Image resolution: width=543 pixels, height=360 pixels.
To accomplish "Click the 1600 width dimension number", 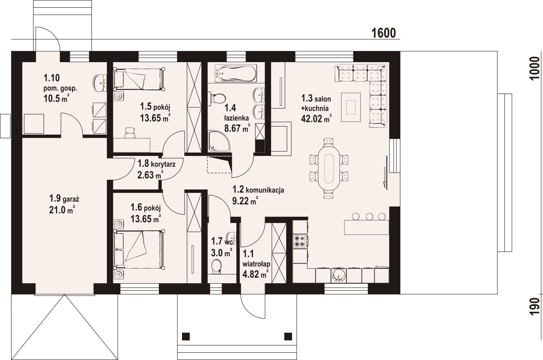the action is click(383, 33).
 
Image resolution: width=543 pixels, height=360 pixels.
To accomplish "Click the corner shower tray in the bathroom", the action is click(219, 141).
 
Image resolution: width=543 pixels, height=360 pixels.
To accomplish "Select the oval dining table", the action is click(329, 169).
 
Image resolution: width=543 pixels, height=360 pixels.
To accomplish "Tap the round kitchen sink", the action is click(339, 275).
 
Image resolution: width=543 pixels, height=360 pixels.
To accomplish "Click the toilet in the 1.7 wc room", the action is click(216, 266).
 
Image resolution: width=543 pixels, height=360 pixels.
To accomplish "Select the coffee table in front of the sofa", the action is click(351, 107).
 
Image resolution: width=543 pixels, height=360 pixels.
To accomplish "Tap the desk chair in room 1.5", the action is click(130, 133).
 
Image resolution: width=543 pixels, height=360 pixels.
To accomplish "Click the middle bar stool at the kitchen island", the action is click(369, 216).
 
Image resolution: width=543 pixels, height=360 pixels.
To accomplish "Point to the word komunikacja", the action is click(265, 190).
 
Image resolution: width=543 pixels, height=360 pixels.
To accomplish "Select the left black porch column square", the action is click(186, 336).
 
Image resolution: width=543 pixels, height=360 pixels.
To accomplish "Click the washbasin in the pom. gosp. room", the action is click(99, 83).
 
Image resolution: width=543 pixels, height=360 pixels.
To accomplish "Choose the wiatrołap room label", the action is click(256, 263).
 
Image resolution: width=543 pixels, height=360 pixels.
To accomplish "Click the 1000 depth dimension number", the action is click(535, 68).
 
